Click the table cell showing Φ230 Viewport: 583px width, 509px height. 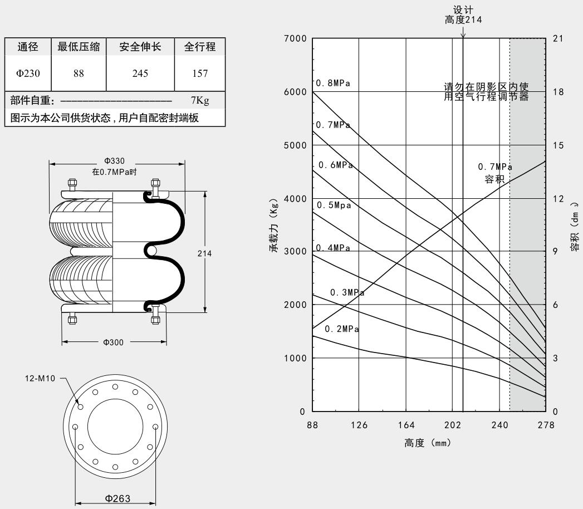[28, 74]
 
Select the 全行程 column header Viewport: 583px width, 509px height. [199, 47]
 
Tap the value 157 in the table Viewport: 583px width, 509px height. [199, 74]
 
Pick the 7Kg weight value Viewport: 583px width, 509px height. [199, 101]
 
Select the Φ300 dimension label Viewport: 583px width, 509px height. [114, 342]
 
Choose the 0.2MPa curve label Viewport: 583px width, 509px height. [342, 329]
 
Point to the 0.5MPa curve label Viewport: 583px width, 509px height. [334, 205]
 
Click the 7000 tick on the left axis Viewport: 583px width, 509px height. [295, 38]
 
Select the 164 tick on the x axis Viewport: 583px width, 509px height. [406, 425]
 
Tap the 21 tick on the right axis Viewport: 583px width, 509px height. [558, 38]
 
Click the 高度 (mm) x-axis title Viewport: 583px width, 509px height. [427, 443]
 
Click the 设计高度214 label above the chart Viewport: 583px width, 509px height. [463, 15]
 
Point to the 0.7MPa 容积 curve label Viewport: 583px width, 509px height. [494, 173]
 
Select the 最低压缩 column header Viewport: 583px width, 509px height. [79, 47]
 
